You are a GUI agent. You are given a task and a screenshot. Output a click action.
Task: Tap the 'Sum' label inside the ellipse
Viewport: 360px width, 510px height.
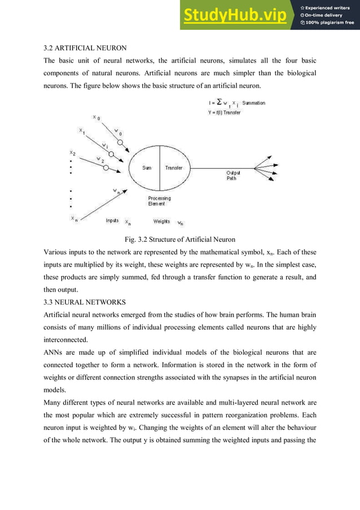point(146,168)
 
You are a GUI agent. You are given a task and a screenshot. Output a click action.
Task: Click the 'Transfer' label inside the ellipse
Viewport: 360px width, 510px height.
point(174,168)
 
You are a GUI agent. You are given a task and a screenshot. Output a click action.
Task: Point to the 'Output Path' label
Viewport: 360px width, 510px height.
point(233,175)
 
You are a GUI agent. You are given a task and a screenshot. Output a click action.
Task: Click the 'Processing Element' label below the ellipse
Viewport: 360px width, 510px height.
point(159,201)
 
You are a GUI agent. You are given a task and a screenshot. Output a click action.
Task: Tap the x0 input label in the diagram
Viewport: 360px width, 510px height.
point(96,117)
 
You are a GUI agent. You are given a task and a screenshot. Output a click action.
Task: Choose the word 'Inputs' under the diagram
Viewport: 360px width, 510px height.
point(112,220)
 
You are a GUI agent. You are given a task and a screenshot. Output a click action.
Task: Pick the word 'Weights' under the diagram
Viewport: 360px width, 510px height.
point(163,221)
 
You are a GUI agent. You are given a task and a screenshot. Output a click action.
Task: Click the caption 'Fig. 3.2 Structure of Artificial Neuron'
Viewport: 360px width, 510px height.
point(179,239)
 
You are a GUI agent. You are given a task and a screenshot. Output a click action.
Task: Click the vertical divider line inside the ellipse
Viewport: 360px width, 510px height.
point(160,168)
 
